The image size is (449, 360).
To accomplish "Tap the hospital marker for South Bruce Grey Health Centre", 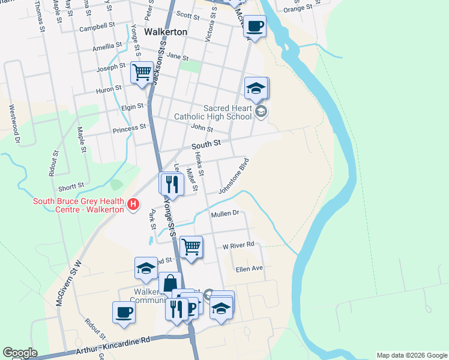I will pos(133,205).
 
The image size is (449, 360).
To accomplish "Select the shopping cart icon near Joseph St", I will pos(142,73).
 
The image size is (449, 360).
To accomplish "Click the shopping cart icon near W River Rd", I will pos(191,245).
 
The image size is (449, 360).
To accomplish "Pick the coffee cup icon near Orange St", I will pos(255,26).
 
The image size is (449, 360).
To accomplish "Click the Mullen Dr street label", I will pos(225,214).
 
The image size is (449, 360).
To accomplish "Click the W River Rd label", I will pos(239,245).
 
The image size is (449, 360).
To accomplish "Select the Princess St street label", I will pos(129,128).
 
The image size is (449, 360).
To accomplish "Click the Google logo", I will pos(20,353).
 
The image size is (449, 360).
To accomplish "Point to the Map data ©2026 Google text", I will pos(412,355).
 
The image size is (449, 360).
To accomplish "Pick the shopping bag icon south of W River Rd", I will pos(170,283).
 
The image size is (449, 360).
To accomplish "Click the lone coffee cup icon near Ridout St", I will pos(124,312).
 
